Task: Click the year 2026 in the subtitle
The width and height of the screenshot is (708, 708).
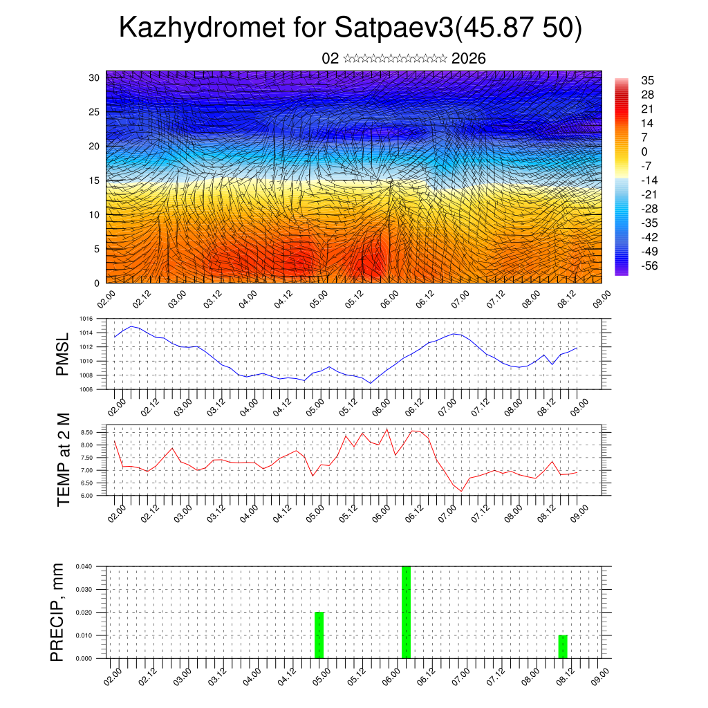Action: point(468,59)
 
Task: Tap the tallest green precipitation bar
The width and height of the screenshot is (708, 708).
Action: point(406,612)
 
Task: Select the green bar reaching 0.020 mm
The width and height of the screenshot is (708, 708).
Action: point(319,635)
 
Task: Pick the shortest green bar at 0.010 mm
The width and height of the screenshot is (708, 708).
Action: point(563,646)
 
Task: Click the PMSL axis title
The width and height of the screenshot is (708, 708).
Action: point(63,355)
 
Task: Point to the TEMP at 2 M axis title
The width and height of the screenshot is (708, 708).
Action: point(63,460)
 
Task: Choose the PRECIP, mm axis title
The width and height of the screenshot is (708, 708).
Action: point(59,612)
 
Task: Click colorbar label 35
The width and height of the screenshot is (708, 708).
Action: point(648,81)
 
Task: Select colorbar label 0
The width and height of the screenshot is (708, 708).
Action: point(644,151)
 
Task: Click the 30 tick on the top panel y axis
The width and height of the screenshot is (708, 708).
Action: point(94,77)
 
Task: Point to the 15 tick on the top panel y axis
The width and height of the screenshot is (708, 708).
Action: point(94,180)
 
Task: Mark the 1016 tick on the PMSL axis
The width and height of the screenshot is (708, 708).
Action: point(86,319)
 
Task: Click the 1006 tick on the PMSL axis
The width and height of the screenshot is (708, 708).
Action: point(86,390)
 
